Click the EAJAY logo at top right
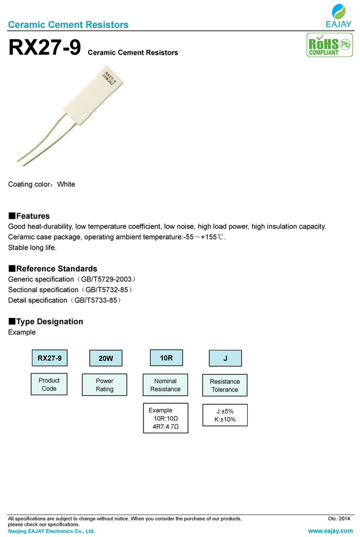tap(339, 16)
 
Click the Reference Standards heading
tap(53, 268)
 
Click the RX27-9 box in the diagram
tap(49, 358)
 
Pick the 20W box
tap(105, 358)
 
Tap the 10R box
tap(166, 357)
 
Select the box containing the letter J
tap(225, 358)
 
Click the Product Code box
tap(49, 384)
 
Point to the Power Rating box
tap(104, 385)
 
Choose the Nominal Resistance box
tap(165, 385)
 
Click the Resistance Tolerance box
tap(225, 386)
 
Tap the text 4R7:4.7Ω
tap(165, 427)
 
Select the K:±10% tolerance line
tap(225, 419)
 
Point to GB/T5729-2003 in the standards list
tap(104, 280)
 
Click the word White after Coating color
tap(66, 184)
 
